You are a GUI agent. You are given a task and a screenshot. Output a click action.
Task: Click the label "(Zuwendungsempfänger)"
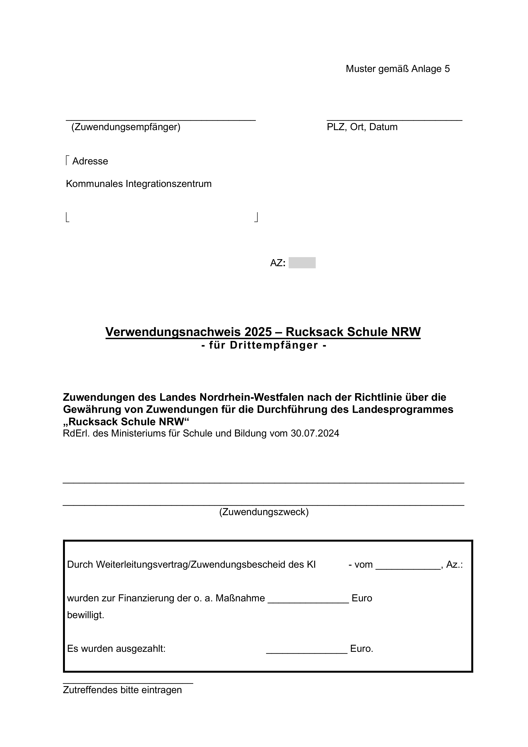tap(126, 127)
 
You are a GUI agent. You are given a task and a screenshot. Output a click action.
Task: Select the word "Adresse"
tap(90, 161)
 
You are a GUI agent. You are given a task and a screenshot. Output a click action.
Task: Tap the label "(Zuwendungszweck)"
tap(264, 512)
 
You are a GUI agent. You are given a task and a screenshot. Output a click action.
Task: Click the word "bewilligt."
tap(86, 615)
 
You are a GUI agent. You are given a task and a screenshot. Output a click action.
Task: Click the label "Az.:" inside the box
tap(454, 565)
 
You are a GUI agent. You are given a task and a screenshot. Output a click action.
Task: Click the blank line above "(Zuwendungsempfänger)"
tap(161, 120)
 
